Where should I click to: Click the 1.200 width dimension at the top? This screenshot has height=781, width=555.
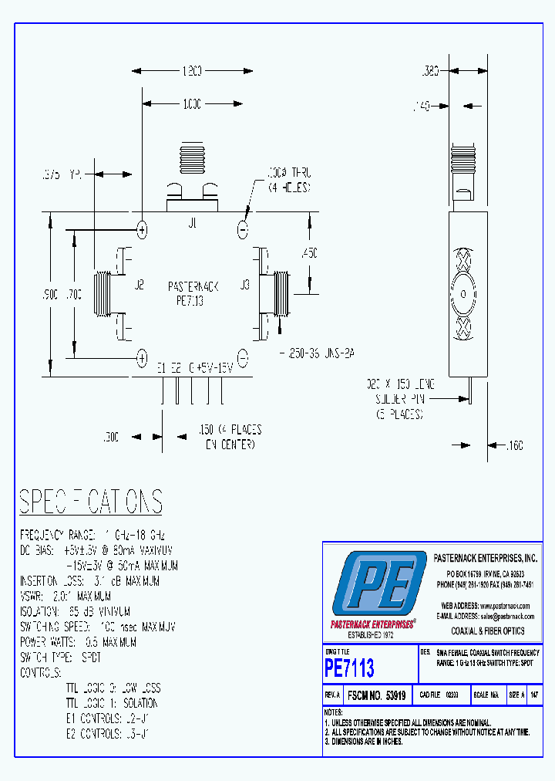[191, 71]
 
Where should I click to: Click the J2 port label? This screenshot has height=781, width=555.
[140, 285]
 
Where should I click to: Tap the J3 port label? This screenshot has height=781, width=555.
[244, 285]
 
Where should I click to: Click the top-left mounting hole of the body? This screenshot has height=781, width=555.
[142, 229]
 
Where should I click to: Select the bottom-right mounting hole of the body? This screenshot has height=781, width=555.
[242, 357]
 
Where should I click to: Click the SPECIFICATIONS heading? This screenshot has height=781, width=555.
[91, 502]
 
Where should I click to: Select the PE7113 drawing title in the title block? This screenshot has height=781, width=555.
[349, 667]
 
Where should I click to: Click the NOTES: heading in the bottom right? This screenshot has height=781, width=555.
[334, 712]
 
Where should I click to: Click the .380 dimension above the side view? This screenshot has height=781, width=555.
[430, 71]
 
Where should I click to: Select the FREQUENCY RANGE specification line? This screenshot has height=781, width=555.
[92, 535]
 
